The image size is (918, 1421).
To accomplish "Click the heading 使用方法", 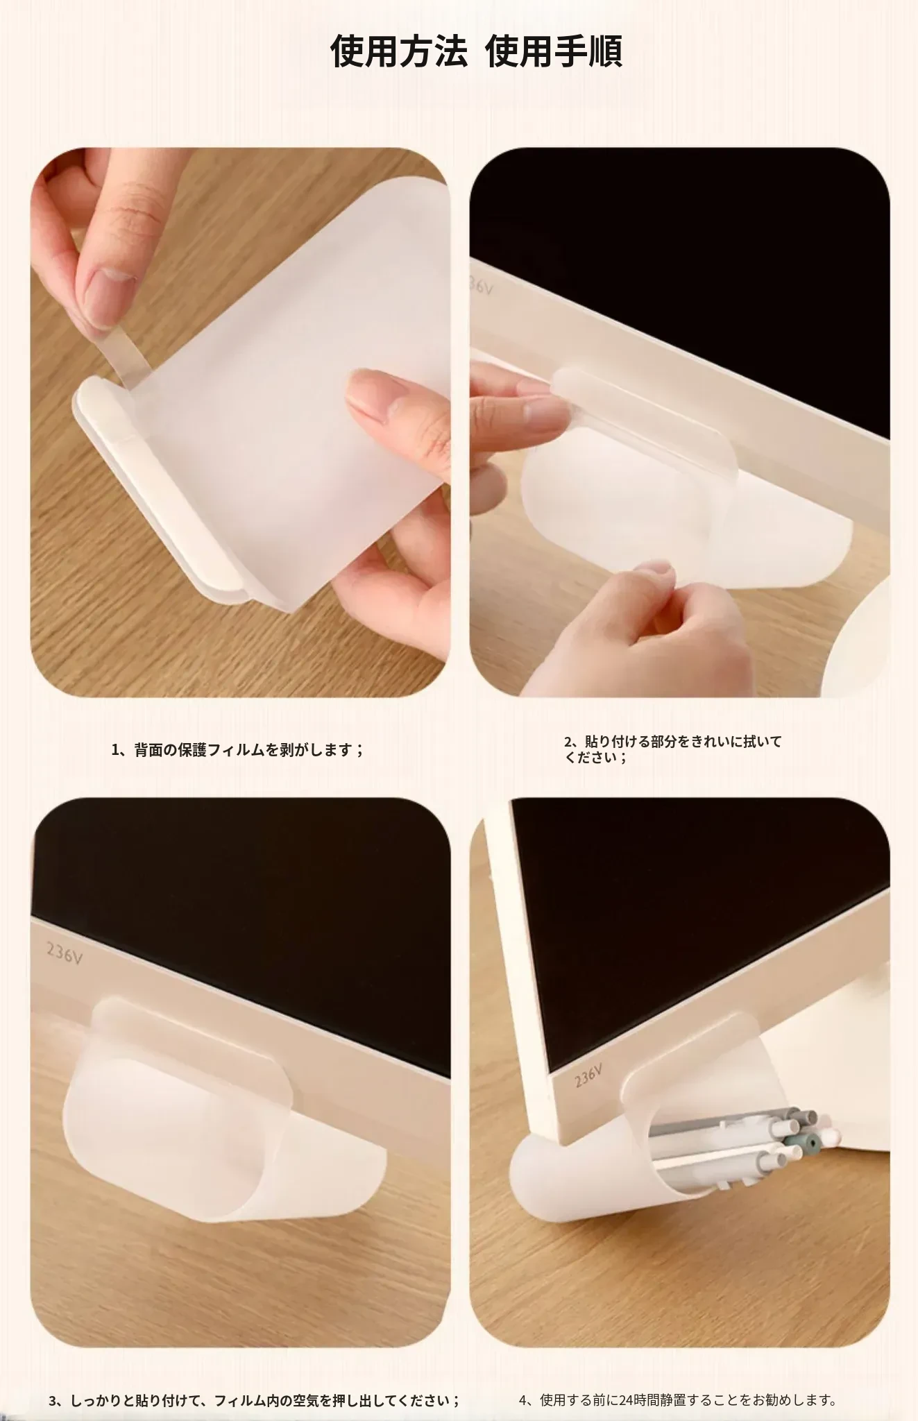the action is pyautogui.click(x=398, y=51).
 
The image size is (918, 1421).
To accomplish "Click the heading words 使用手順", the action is pyautogui.click(x=554, y=51).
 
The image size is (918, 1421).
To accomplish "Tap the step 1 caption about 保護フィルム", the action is pyautogui.click(x=238, y=749).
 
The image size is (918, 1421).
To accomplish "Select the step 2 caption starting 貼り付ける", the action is pyautogui.click(x=672, y=749).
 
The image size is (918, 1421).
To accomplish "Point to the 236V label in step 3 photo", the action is pyautogui.click(x=65, y=955).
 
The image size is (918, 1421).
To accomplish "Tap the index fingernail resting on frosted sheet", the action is pyautogui.click(x=367, y=393).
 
